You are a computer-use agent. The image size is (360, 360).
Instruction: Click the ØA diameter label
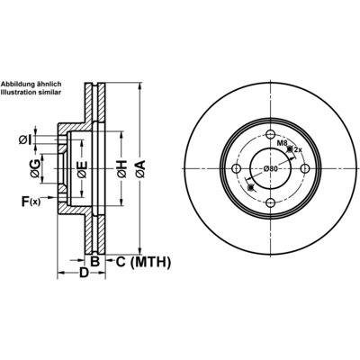(x=140, y=169)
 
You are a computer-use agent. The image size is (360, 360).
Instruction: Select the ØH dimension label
(x=122, y=169)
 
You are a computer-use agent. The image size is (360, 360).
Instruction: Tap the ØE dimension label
(x=82, y=169)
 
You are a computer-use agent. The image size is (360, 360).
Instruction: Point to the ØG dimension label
(x=35, y=168)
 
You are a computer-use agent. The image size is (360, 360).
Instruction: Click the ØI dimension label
(x=25, y=139)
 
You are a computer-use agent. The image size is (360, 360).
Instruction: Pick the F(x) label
(x=31, y=202)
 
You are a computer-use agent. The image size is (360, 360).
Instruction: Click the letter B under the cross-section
(x=94, y=262)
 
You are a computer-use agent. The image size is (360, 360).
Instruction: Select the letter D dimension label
(x=85, y=273)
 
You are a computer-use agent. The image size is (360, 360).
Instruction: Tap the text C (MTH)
(x=143, y=262)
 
